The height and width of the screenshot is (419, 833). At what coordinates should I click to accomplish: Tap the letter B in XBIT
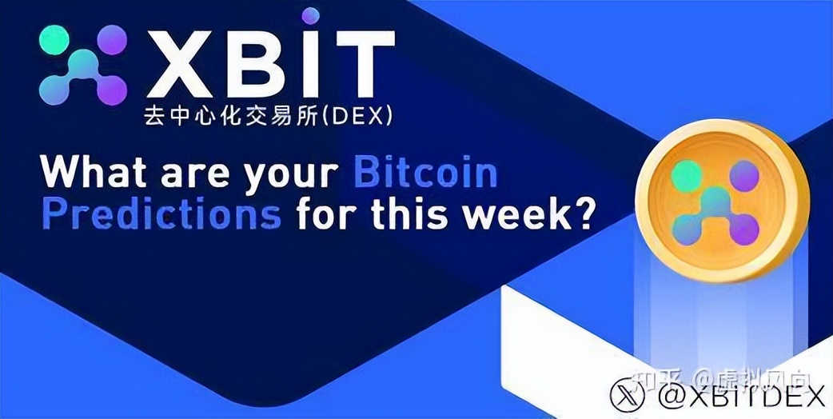[258, 65]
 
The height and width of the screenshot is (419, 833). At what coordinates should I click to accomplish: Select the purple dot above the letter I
[310, 15]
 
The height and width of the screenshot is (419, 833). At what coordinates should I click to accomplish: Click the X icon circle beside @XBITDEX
[628, 394]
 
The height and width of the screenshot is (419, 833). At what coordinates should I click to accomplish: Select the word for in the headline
[331, 214]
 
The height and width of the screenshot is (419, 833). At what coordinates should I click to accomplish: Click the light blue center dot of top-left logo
[82, 59]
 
